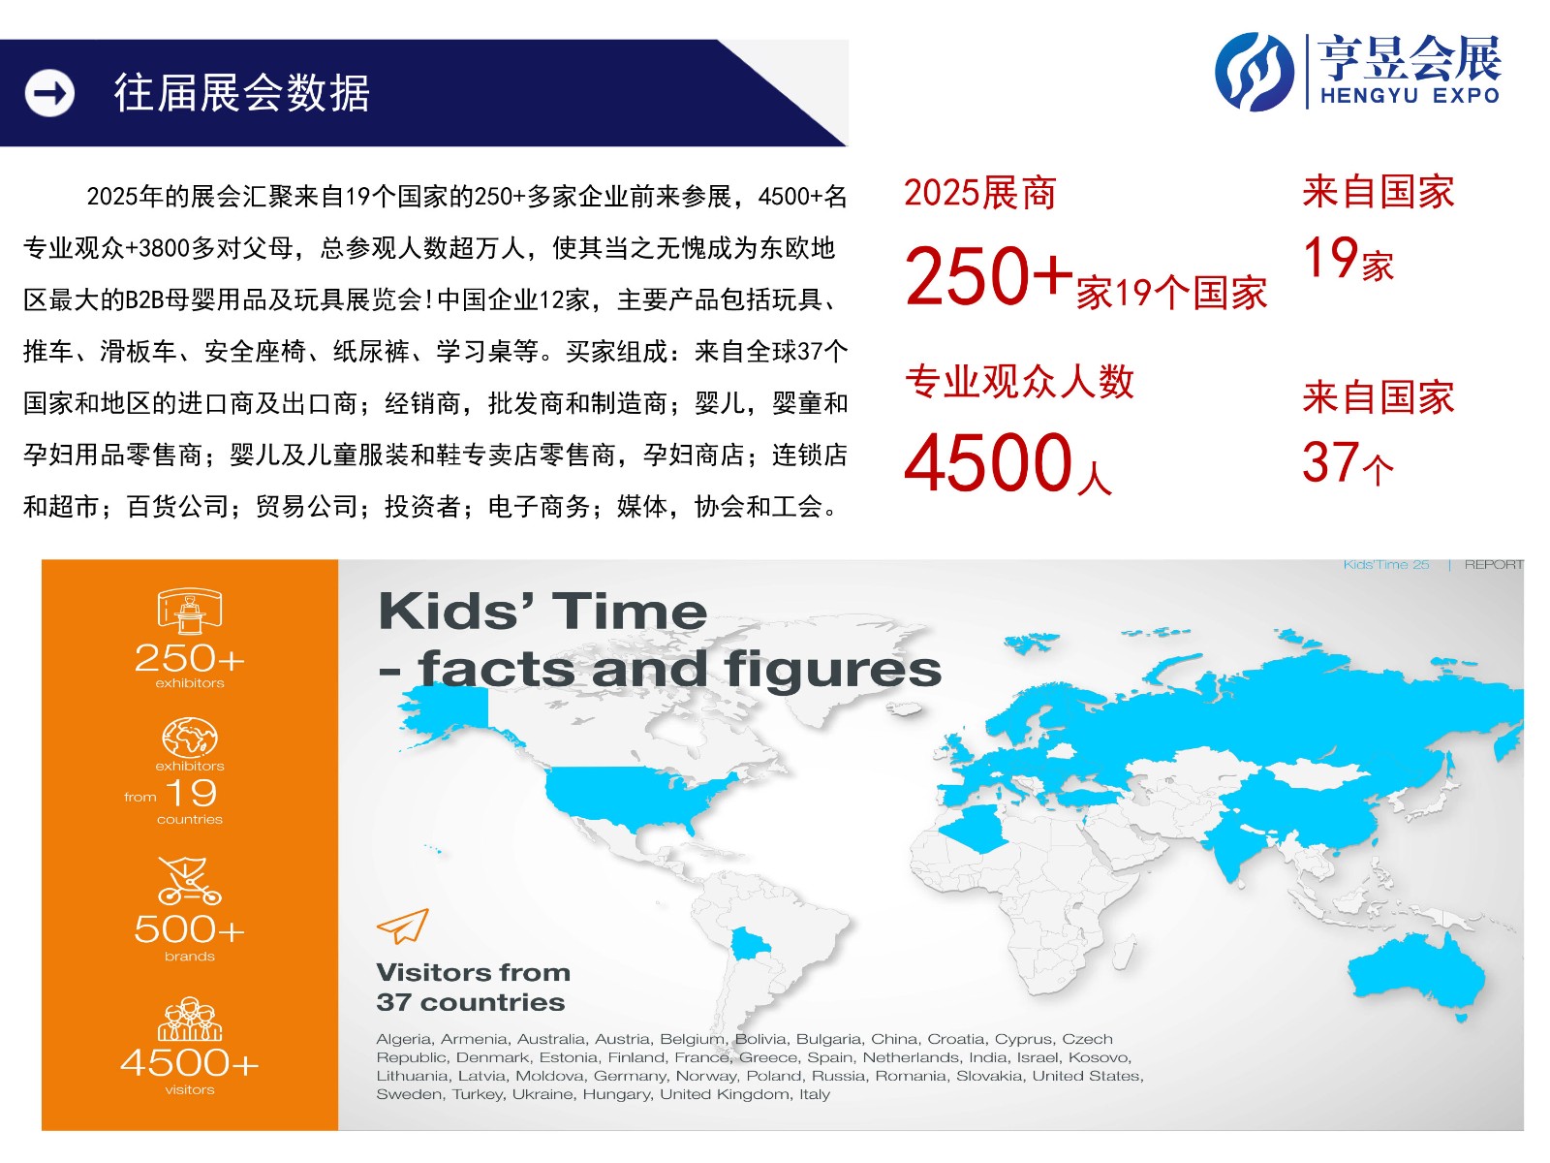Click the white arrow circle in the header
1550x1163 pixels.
click(x=49, y=93)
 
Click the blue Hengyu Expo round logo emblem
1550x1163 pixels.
click(x=1255, y=72)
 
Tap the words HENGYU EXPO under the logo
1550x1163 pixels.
click(x=1409, y=95)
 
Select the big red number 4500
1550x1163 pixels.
click(x=989, y=462)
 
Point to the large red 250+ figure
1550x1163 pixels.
click(x=989, y=275)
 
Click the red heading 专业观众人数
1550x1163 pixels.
click(x=1019, y=382)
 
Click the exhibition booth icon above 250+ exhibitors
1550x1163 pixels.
click(x=189, y=611)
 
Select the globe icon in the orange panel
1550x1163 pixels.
click(x=189, y=738)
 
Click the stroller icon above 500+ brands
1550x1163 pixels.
click(x=189, y=881)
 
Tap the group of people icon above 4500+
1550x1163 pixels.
click(x=189, y=1019)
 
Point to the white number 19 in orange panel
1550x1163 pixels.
click(x=193, y=793)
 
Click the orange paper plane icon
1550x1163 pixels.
click(x=402, y=926)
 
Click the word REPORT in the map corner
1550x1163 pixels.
click(x=1494, y=565)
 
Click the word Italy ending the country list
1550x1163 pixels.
click(x=814, y=1094)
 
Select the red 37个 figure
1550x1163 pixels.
click(x=1348, y=462)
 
